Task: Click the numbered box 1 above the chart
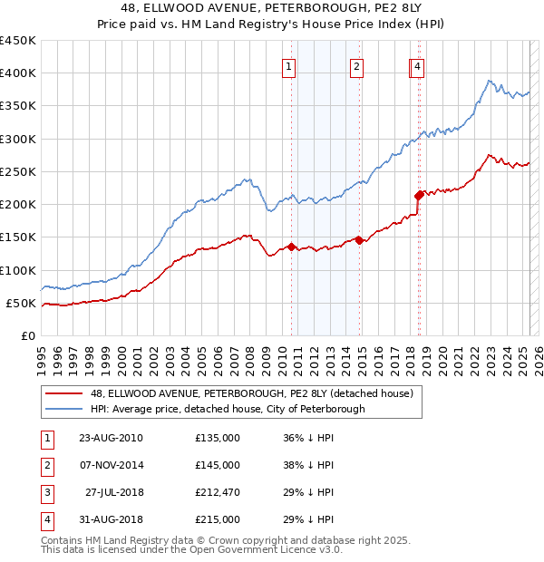[x=288, y=65]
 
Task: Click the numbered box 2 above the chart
[x=357, y=65]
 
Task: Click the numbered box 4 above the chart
[x=417, y=65]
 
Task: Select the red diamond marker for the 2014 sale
[x=359, y=240]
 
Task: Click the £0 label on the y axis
[x=27, y=335]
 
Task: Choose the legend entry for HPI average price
[x=227, y=409]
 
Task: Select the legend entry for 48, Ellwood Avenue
[x=251, y=393]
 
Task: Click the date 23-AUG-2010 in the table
[x=111, y=438]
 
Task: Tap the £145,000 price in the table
[x=218, y=465]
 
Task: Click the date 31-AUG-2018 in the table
[x=111, y=519]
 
